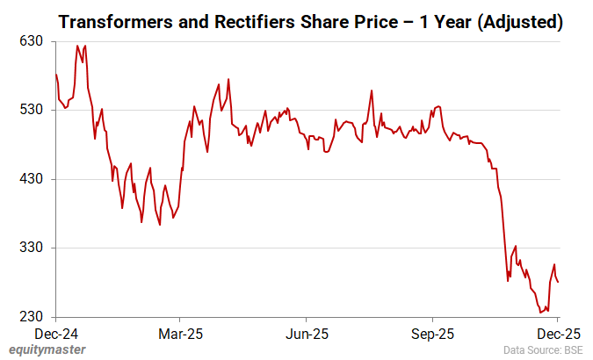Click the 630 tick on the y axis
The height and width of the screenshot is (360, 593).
pyautogui.click(x=33, y=41)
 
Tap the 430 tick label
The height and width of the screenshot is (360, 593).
pyautogui.click(x=33, y=179)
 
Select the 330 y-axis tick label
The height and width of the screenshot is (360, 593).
pyautogui.click(x=33, y=248)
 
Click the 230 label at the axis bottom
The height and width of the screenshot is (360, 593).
pyautogui.click(x=33, y=317)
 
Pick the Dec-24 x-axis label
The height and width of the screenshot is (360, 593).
pyautogui.click(x=54, y=335)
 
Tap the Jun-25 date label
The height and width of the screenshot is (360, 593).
pyautogui.click(x=307, y=335)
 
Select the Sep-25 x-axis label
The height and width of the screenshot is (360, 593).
pyautogui.click(x=433, y=335)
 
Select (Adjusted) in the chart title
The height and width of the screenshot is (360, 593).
pyautogui.click(x=510, y=22)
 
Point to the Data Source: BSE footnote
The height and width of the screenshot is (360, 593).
pyautogui.click(x=543, y=350)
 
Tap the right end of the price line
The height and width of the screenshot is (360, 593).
pyautogui.click(x=559, y=282)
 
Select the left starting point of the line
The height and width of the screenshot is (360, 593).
pyautogui.click(x=55, y=75)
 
